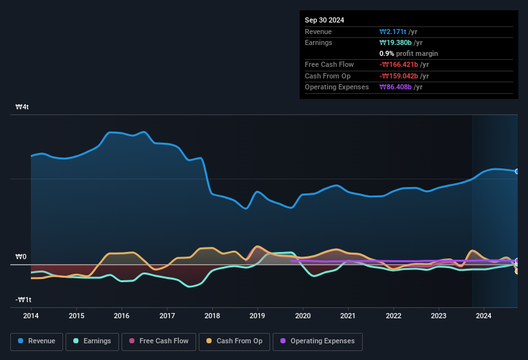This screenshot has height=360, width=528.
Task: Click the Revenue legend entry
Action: point(37,341)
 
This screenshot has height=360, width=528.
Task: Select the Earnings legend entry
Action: point(93,341)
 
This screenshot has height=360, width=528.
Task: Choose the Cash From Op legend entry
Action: point(235,341)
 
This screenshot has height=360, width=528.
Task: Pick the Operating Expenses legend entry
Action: point(317,341)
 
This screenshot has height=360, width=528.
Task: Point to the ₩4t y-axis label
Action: point(23,107)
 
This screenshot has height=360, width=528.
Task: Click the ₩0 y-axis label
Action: point(21,256)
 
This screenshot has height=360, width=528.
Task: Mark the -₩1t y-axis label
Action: point(24,300)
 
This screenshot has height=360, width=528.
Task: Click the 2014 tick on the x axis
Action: point(31,316)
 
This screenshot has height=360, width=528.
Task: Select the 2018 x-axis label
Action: point(212,316)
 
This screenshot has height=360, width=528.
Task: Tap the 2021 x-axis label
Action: point(348,316)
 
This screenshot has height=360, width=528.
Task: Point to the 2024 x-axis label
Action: point(484,316)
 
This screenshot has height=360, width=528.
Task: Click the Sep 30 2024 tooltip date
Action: point(324,20)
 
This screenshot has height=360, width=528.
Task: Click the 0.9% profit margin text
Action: point(408,53)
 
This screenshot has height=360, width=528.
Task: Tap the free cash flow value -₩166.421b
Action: point(405,64)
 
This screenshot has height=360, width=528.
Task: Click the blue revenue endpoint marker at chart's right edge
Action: point(516,171)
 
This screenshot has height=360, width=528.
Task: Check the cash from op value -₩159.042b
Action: point(405,76)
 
